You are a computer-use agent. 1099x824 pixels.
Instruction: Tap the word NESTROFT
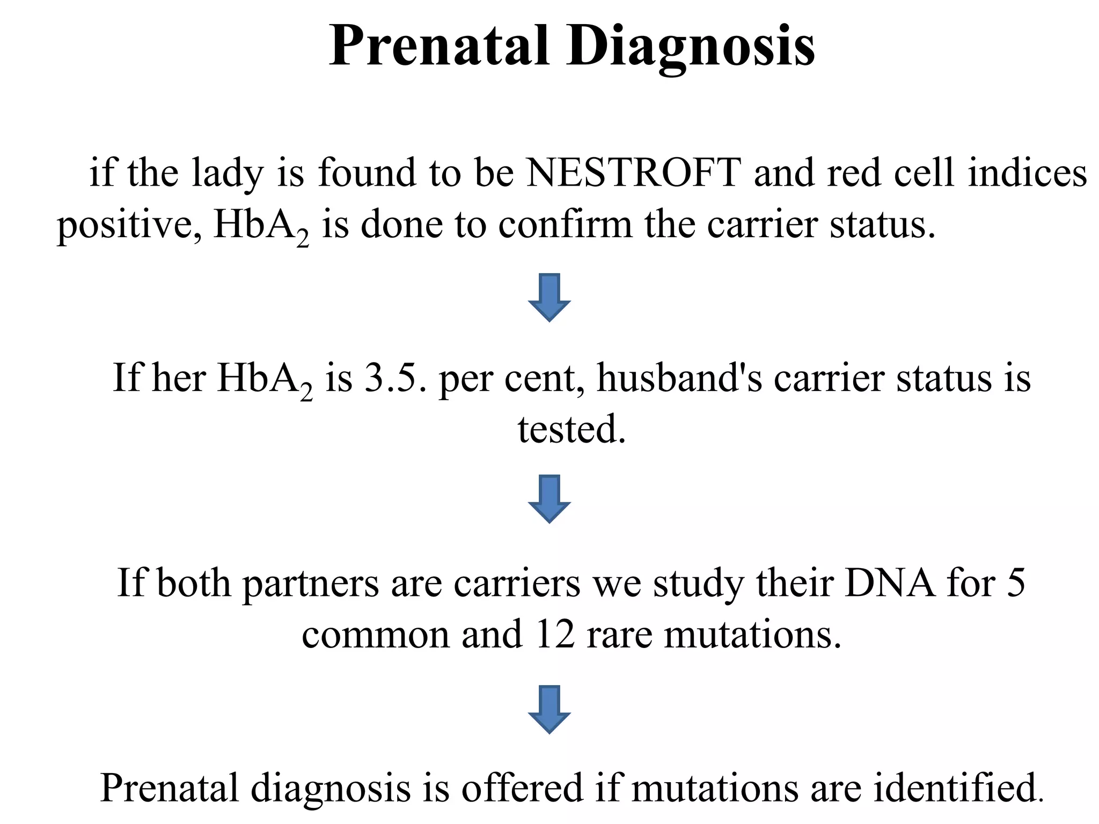[x=633, y=173]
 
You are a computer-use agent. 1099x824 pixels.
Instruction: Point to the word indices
[x=1027, y=173]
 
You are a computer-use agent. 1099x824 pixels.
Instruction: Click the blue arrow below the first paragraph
[x=549, y=297]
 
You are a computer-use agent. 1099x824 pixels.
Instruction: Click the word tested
[x=572, y=430]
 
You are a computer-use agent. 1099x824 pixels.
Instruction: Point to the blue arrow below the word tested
[x=549, y=498]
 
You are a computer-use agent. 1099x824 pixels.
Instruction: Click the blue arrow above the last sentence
[x=549, y=709]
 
